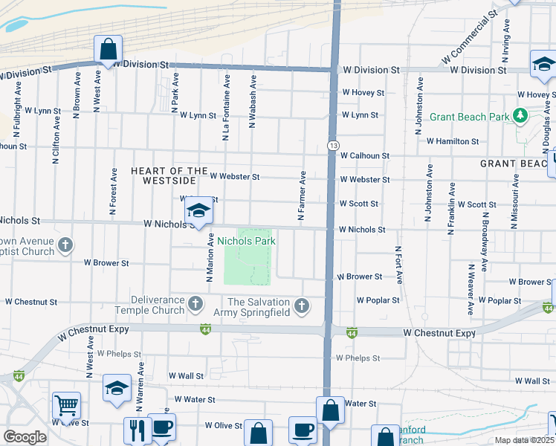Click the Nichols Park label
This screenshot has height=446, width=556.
coord(246,241)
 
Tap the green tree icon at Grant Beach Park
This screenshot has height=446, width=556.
coord(520,116)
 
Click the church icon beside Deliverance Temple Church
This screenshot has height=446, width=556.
coord(195,303)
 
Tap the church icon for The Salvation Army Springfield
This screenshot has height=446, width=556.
coord(302,306)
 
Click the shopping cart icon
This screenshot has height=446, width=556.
coord(66,406)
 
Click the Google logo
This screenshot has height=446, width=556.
coord(25,437)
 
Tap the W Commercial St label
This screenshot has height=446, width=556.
coord(469,37)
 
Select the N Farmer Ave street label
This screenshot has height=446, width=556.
coord(302,196)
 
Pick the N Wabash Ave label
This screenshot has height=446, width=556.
coord(253,101)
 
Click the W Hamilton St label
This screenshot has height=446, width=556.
coord(452,140)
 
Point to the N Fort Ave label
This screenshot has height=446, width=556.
coord(398,265)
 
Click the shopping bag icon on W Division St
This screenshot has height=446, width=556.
coord(108,50)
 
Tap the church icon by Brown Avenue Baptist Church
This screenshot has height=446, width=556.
coord(65,244)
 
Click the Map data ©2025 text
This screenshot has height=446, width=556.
coord(524,440)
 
